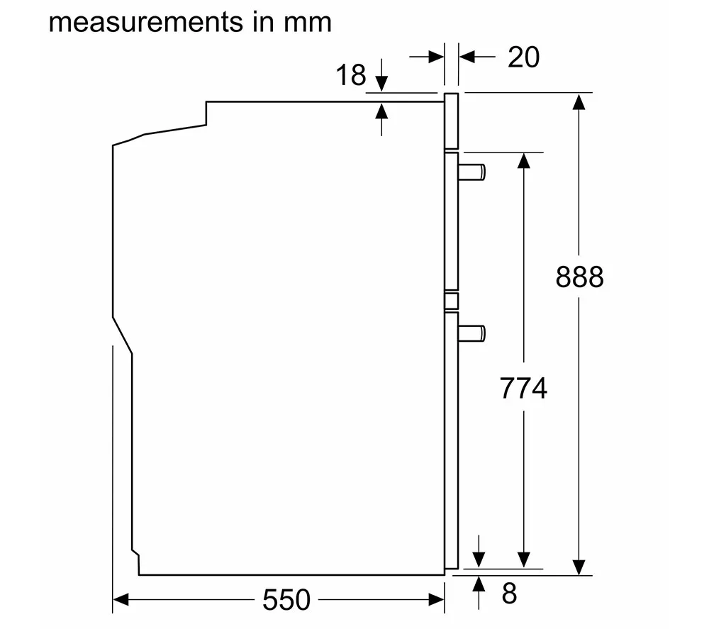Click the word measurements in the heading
pyautogui.click(x=145, y=23)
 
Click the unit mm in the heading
pyautogui.click(x=308, y=23)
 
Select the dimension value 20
pyautogui.click(x=524, y=57)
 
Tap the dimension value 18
pyautogui.click(x=351, y=75)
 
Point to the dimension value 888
pyautogui.click(x=580, y=277)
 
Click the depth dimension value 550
pyautogui.click(x=286, y=600)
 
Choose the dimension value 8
pyautogui.click(x=509, y=594)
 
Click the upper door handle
pyautogui.click(x=471, y=172)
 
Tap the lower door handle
pyautogui.click(x=471, y=333)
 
